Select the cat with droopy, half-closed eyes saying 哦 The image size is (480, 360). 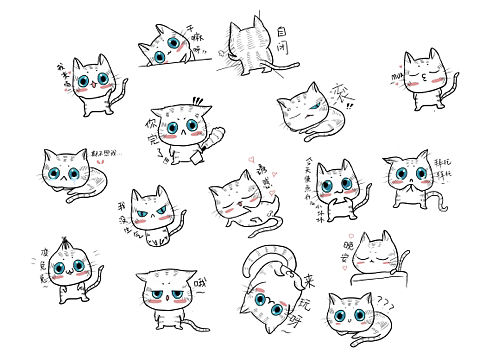coord(164,296)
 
